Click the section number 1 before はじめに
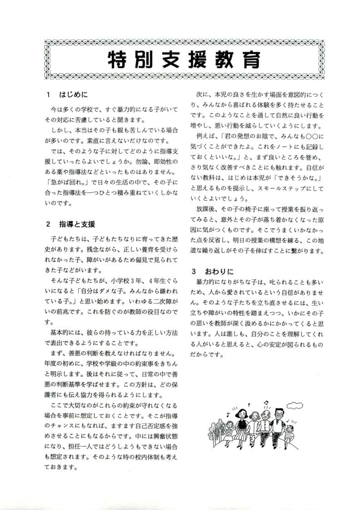[48, 96]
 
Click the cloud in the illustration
[294, 405]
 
